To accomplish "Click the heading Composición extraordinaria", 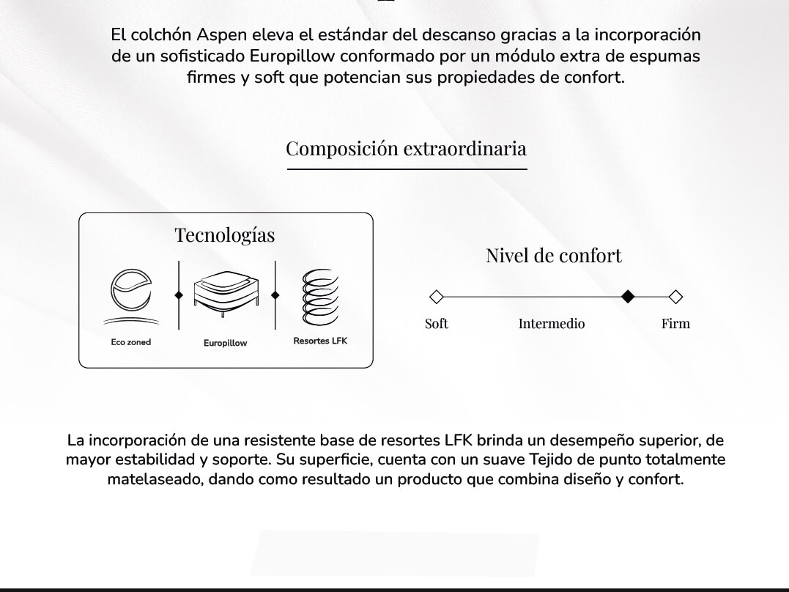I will (406, 149).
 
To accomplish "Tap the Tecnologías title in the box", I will (225, 235).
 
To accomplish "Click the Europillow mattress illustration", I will (226, 295).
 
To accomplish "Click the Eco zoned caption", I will (130, 342).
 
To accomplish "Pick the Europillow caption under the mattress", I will (226, 343).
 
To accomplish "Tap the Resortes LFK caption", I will (320, 341).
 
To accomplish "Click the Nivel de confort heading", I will (553, 256).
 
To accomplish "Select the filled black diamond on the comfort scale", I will (627, 297).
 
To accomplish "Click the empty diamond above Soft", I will (436, 297).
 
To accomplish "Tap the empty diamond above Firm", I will (675, 297).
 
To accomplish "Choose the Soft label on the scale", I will (437, 324).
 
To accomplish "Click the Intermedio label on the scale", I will (552, 324).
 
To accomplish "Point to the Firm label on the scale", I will (675, 324).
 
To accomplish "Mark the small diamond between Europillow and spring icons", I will (275, 295).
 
